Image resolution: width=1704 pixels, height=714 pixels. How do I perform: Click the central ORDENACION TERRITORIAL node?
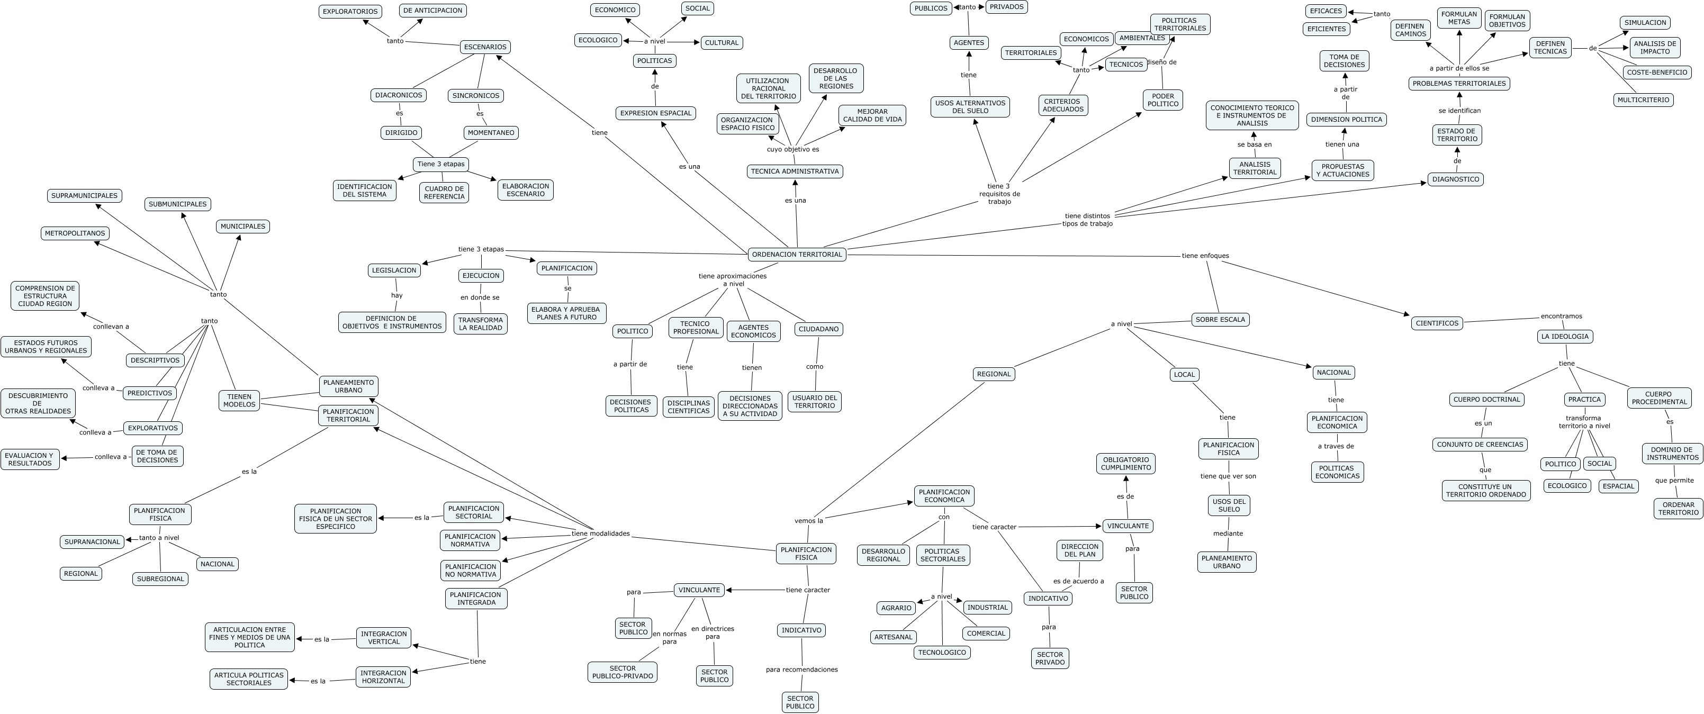(797, 255)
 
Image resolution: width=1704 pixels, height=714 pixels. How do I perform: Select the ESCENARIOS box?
(485, 47)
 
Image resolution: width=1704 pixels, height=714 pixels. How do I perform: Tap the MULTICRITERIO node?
(1643, 101)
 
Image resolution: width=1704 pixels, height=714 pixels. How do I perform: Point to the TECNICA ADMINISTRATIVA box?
(795, 172)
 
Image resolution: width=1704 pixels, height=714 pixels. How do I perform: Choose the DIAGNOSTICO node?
(1455, 179)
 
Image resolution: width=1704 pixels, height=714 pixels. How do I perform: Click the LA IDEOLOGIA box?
(1564, 337)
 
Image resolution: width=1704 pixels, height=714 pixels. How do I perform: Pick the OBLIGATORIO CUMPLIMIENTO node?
(1126, 464)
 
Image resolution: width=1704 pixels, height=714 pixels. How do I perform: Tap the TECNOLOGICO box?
(942, 653)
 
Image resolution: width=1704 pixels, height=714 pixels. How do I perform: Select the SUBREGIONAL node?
(160, 579)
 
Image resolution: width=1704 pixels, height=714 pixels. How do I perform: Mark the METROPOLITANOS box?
(75, 233)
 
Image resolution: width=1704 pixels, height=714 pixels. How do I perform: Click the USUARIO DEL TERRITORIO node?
(814, 402)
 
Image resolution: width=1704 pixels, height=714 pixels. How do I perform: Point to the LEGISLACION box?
(394, 270)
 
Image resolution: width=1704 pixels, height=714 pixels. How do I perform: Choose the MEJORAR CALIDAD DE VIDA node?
(872, 116)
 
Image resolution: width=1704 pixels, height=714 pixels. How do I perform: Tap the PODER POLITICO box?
(1163, 101)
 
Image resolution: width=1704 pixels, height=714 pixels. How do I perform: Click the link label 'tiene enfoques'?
(1205, 256)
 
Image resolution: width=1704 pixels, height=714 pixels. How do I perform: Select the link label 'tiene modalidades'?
(601, 534)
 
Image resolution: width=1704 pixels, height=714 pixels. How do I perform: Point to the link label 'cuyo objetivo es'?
(792, 149)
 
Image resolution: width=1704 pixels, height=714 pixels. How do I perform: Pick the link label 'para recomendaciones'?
(802, 670)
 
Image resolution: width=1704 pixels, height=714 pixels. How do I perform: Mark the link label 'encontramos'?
(1561, 316)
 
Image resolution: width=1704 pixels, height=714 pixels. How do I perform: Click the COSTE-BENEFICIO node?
(1657, 73)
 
